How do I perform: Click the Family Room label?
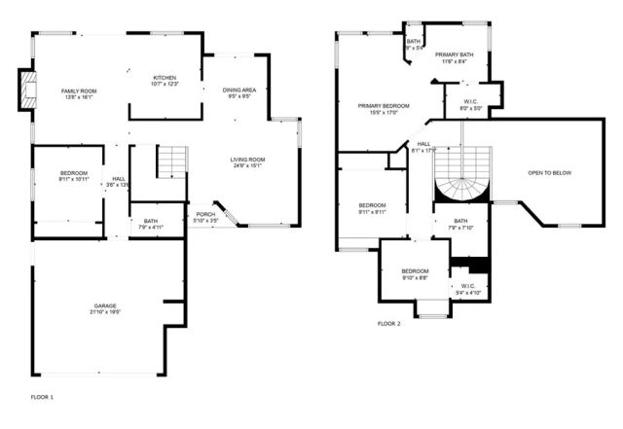pyautogui.click(x=80, y=93)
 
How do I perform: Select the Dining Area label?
pyautogui.click(x=238, y=93)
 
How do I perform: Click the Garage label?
pyautogui.click(x=98, y=308)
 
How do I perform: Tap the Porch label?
pyautogui.click(x=205, y=218)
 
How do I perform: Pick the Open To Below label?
pyautogui.click(x=550, y=173)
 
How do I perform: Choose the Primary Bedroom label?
pyautogui.click(x=384, y=108)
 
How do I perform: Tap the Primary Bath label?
pyautogui.click(x=454, y=57)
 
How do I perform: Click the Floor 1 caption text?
pyautogui.click(x=42, y=397)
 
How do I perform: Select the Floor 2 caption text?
pyautogui.click(x=388, y=323)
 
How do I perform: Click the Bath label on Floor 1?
pyautogui.click(x=150, y=225)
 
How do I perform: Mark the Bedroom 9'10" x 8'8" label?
pyautogui.click(x=415, y=274)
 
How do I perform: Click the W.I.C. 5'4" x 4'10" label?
pyautogui.click(x=468, y=289)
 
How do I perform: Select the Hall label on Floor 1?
pyautogui.click(x=118, y=181)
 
